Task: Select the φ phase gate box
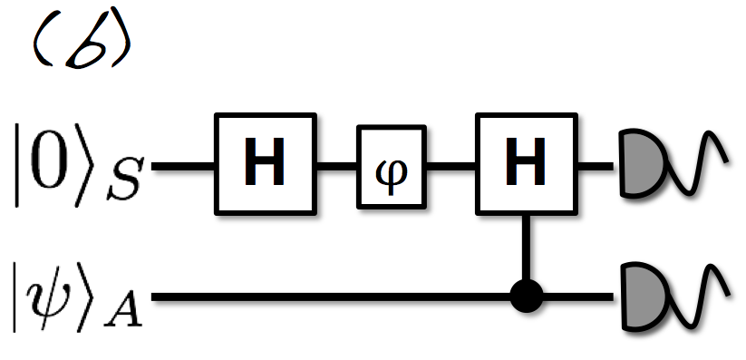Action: [391, 169]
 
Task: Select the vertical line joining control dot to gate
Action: [524, 248]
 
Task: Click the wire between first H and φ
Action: [336, 167]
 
